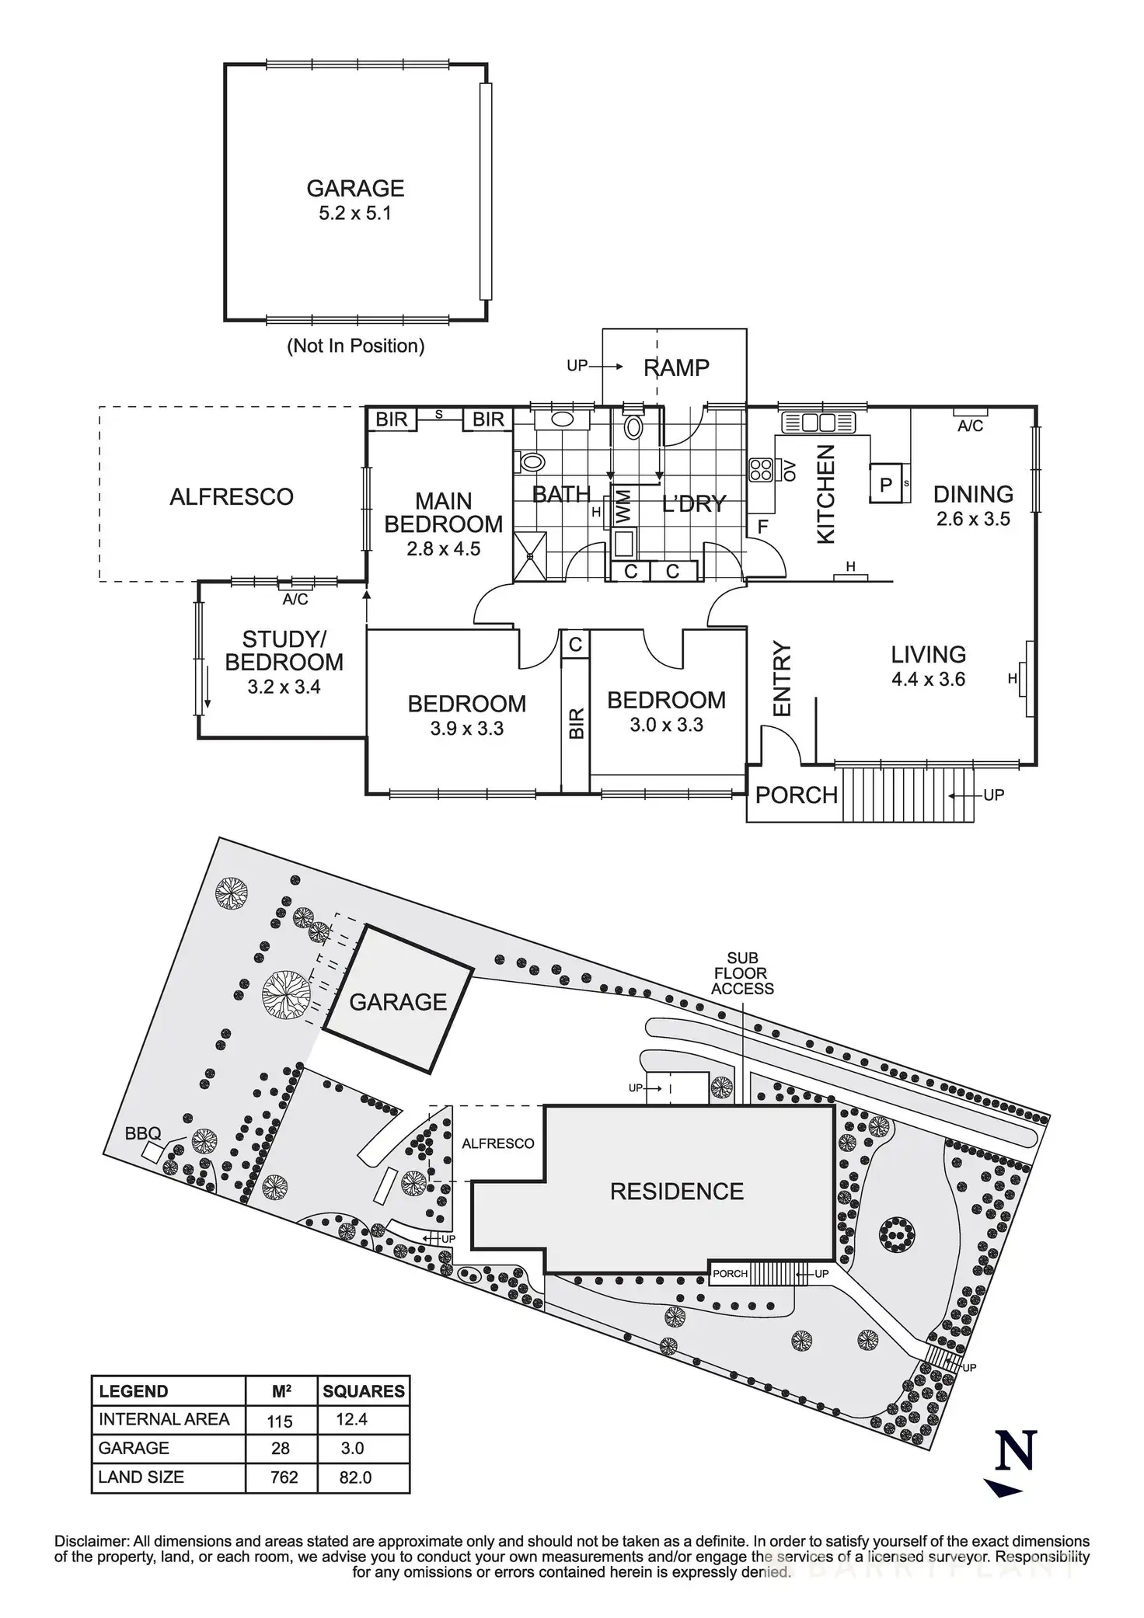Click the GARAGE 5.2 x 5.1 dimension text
[x=355, y=214]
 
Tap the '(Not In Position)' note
[x=355, y=346]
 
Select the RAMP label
[x=676, y=367]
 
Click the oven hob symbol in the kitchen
[x=760, y=470]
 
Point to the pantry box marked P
[x=886, y=484]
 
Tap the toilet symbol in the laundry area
[x=634, y=426]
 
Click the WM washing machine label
[x=623, y=506]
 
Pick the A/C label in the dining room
[x=970, y=426]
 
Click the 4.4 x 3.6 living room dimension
[x=928, y=679]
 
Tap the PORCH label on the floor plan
[x=796, y=795]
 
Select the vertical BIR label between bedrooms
[x=576, y=723]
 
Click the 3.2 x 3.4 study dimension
[x=284, y=687]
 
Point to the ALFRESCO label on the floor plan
[x=232, y=496]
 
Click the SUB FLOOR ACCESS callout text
[x=742, y=973]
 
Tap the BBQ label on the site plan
[x=142, y=1133]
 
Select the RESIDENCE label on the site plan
[x=676, y=1192]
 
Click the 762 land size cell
[x=284, y=1477]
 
